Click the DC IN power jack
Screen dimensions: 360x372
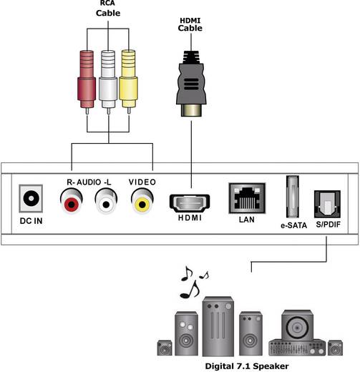tap(31, 198)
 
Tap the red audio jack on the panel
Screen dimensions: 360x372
tap(71, 201)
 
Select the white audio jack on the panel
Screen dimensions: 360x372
tap(106, 201)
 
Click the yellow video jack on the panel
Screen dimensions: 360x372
tap(142, 201)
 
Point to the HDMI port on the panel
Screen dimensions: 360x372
tap(190, 203)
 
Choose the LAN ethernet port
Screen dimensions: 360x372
tap(247, 198)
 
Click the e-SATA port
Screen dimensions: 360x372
tap(293, 197)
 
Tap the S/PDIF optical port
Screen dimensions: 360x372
tap(327, 204)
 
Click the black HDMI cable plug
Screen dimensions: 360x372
tap(191, 84)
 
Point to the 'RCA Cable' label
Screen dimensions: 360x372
tap(108, 9)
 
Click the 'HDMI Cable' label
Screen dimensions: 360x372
tap(190, 24)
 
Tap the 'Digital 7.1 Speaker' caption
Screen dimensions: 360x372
tap(247, 366)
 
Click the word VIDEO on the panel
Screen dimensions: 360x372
tap(142, 182)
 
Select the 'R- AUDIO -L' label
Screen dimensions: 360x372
tap(89, 182)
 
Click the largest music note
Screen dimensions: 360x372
tap(190, 289)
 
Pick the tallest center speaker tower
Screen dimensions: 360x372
tap(218, 326)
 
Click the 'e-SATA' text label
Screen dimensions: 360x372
tap(293, 225)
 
